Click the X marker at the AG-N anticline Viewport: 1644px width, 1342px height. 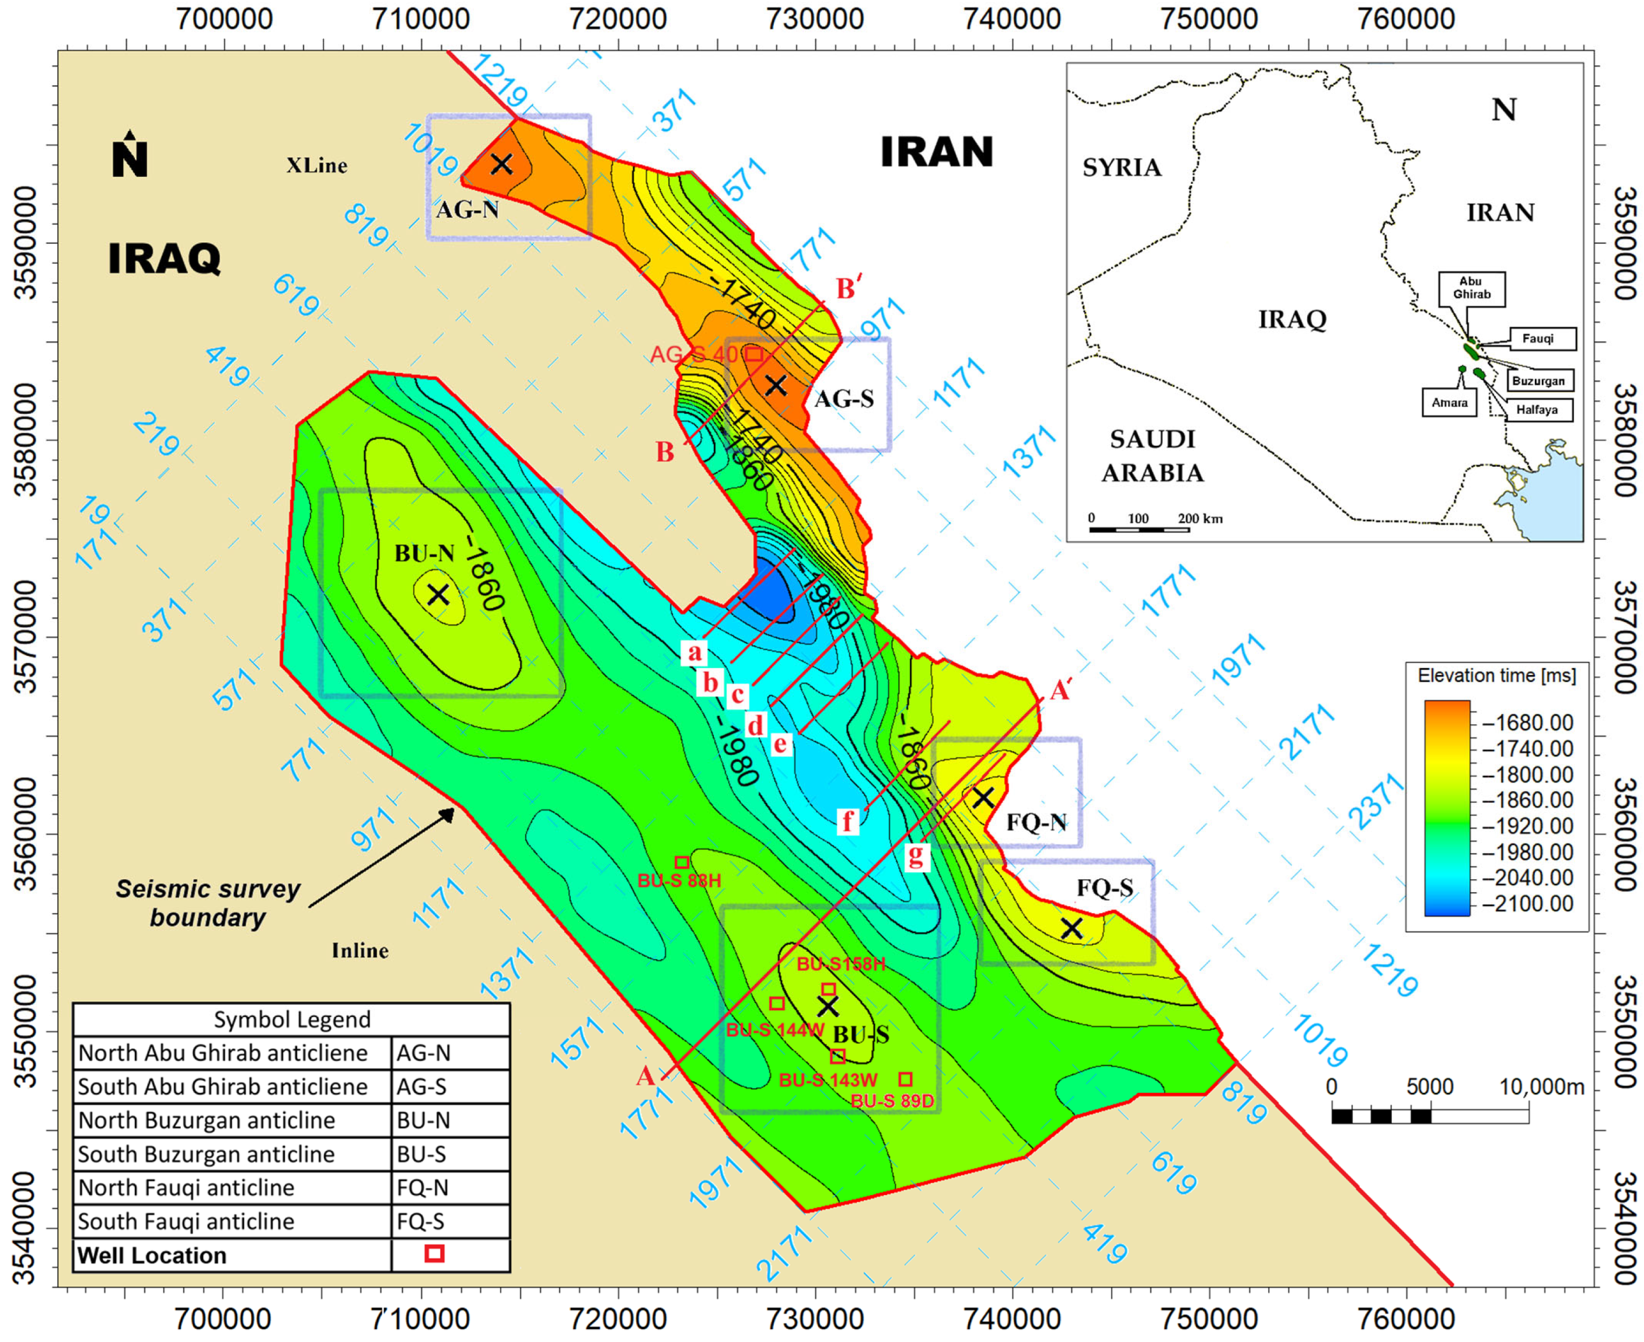[x=502, y=164]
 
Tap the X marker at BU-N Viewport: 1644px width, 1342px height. [x=438, y=595]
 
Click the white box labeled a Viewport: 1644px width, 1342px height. [x=694, y=652]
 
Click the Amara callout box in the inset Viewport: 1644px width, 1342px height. [x=1448, y=402]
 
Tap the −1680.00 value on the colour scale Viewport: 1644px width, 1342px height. [x=1528, y=723]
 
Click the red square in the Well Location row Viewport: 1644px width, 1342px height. [x=435, y=1253]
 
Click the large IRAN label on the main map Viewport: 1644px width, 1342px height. [x=937, y=152]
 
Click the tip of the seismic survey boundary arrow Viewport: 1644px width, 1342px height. [x=455, y=809]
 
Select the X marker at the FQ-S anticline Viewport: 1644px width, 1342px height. [x=1071, y=928]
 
